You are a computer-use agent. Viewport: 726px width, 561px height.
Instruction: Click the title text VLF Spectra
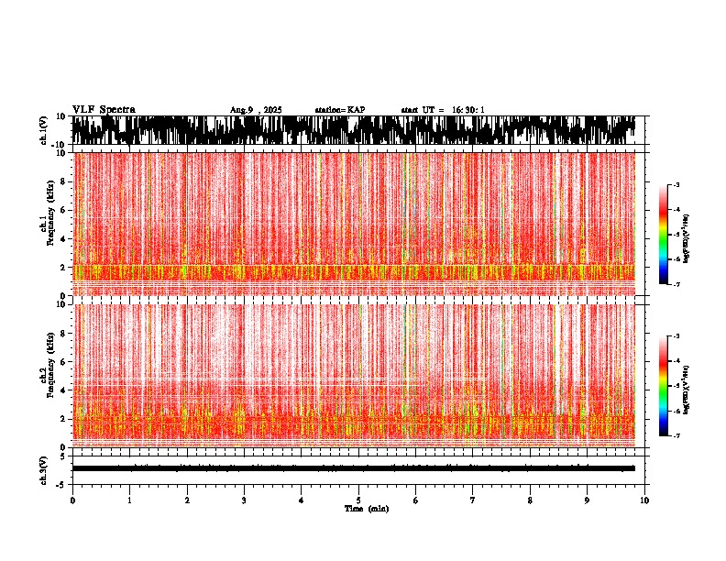coord(104,110)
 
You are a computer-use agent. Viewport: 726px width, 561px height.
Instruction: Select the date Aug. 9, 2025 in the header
coord(257,110)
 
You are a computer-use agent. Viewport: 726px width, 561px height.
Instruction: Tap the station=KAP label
coord(340,110)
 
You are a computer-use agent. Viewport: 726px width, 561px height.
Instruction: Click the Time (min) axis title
coord(366,509)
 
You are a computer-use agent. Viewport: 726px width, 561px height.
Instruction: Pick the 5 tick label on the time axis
coord(358,500)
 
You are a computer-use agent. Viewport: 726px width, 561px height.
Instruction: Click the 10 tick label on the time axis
coord(644,500)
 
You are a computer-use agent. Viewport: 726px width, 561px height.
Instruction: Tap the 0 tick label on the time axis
coord(72,500)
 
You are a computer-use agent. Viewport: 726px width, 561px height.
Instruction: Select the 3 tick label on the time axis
coord(244,500)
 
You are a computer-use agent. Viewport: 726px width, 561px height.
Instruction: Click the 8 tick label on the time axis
coord(530,500)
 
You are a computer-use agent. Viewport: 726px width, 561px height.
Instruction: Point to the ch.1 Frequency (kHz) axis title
coord(47,224)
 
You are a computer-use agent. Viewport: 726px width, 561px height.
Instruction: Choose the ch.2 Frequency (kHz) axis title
coord(47,375)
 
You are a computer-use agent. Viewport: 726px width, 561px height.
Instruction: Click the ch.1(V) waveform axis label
coord(45,130)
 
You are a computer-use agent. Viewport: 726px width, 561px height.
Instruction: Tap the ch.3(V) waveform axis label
coord(45,468)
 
